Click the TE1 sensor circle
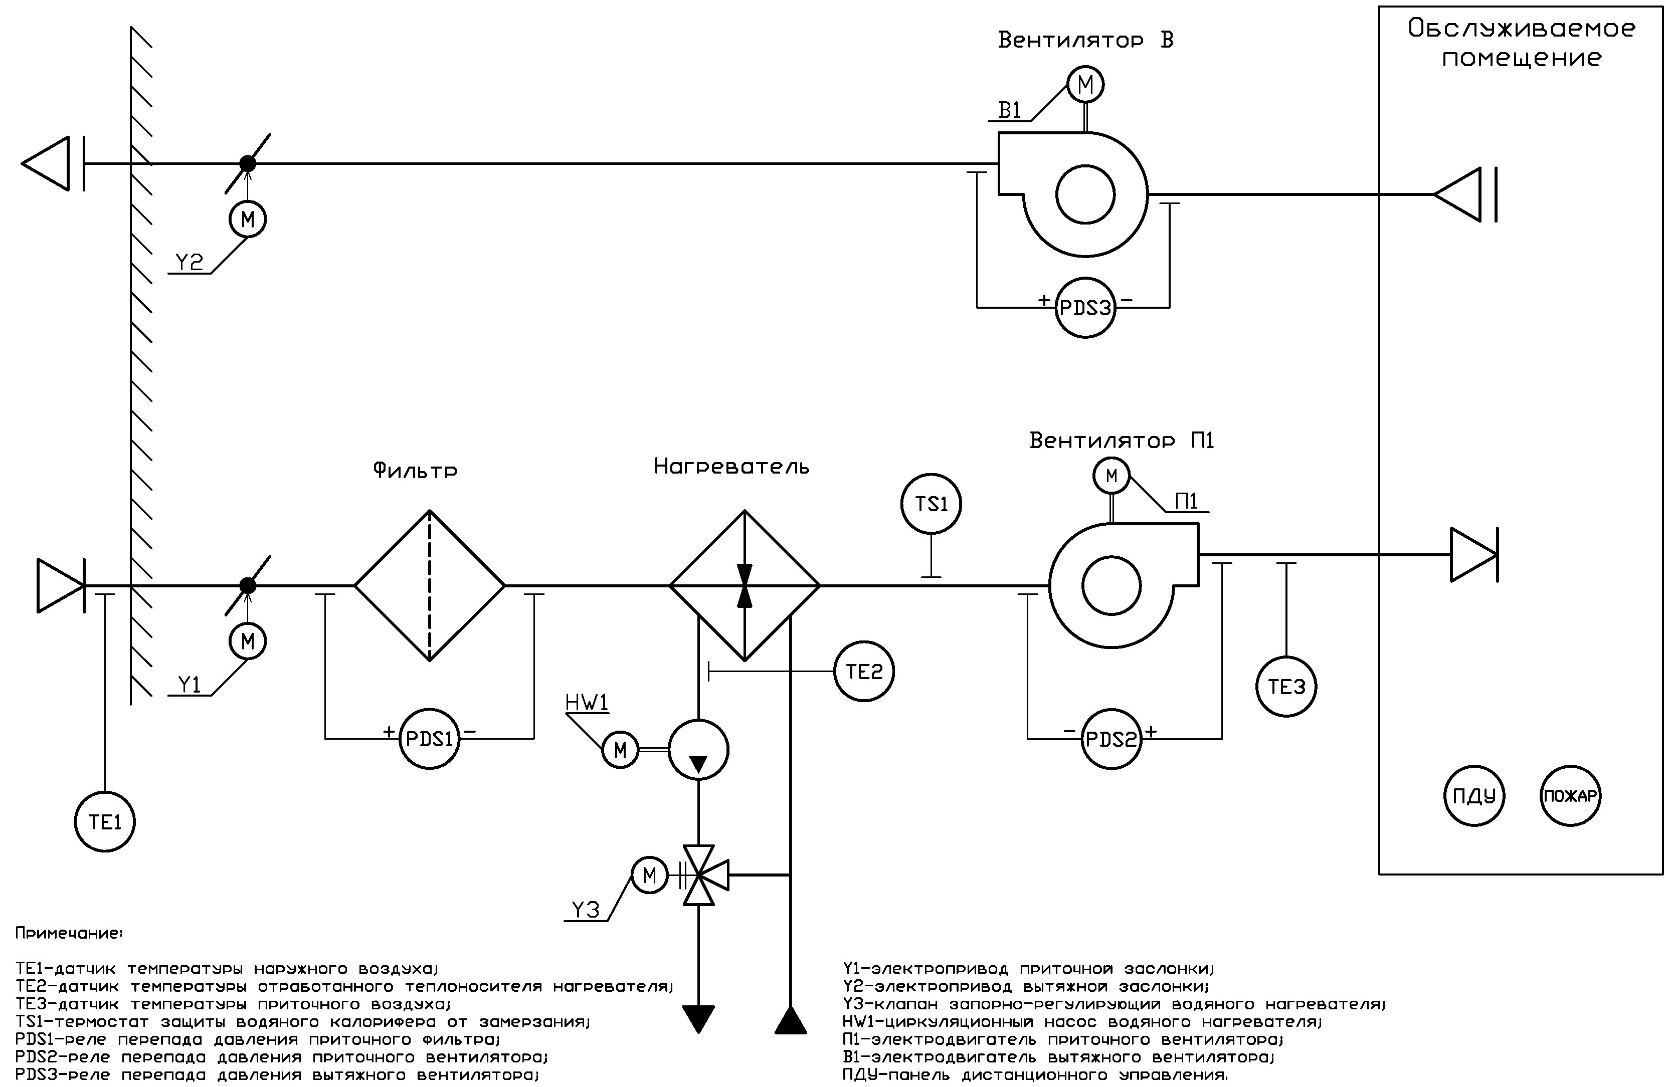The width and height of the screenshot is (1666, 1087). pyautogui.click(x=105, y=822)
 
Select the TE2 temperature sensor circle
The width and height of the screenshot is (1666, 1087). pyautogui.click(x=864, y=672)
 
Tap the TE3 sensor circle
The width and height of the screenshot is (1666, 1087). pyautogui.click(x=1286, y=687)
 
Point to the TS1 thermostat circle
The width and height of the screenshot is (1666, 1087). pyautogui.click(x=931, y=504)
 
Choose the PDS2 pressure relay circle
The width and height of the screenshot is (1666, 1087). pyautogui.click(x=1111, y=739)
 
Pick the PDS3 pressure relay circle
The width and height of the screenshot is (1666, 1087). pyautogui.click(x=1085, y=308)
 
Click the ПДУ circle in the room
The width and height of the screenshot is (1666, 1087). pyautogui.click(x=1474, y=796)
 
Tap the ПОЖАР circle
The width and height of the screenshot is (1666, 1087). pyautogui.click(x=1571, y=796)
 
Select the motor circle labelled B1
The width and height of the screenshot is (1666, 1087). pyautogui.click(x=1085, y=85)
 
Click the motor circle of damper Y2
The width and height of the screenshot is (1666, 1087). pyautogui.click(x=248, y=219)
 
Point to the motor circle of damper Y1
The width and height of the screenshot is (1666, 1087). pyautogui.click(x=248, y=641)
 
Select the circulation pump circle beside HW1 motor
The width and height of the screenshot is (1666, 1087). pyautogui.click(x=698, y=750)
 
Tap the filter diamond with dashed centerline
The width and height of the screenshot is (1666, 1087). pyautogui.click(x=429, y=585)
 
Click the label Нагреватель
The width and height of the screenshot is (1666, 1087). pyautogui.click(x=731, y=467)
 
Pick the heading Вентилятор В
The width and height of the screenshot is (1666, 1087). pyautogui.click(x=1085, y=40)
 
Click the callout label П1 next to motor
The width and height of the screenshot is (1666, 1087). pyautogui.click(x=1187, y=501)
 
